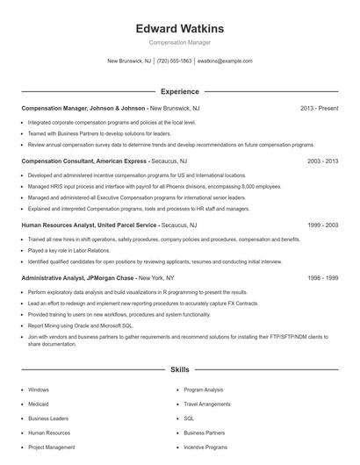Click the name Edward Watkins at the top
coord(180,28)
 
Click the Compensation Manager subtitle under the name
coord(180,42)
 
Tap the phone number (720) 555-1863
coord(174,61)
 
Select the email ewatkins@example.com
coord(225,61)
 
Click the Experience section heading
coord(180,91)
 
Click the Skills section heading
coord(180,371)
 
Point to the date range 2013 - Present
coord(319,109)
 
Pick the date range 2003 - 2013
coord(322,161)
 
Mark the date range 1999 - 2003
coord(322,225)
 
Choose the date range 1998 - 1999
coord(322,277)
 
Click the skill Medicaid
coord(40,404)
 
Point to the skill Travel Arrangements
coord(207,404)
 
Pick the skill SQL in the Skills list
coord(189,418)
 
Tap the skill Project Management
coord(52,447)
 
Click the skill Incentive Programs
coord(205,447)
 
